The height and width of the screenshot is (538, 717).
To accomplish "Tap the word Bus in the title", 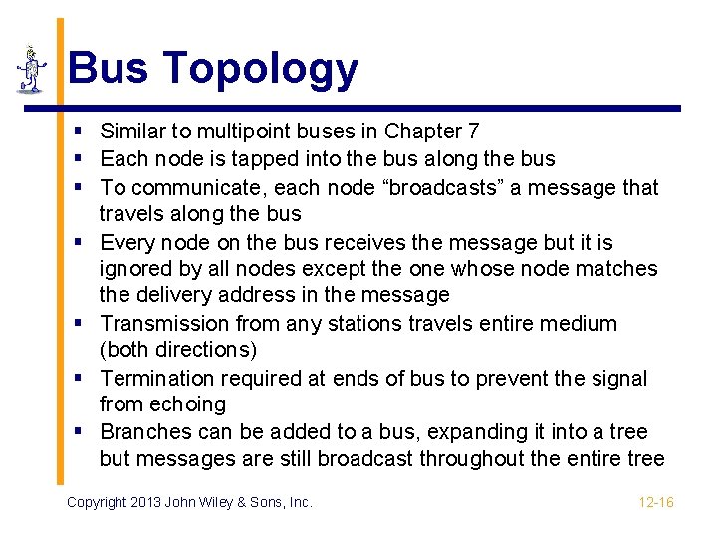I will coord(109,68).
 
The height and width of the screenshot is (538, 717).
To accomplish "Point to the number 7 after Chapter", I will coord(473,132).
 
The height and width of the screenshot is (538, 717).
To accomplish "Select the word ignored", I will coord(134,269).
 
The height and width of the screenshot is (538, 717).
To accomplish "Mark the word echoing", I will coord(188,404).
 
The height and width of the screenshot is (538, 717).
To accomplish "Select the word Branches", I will coord(146,432).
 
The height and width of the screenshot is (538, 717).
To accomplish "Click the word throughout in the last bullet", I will coord(474,458).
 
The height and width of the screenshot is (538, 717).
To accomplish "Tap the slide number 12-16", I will coord(656,502).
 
